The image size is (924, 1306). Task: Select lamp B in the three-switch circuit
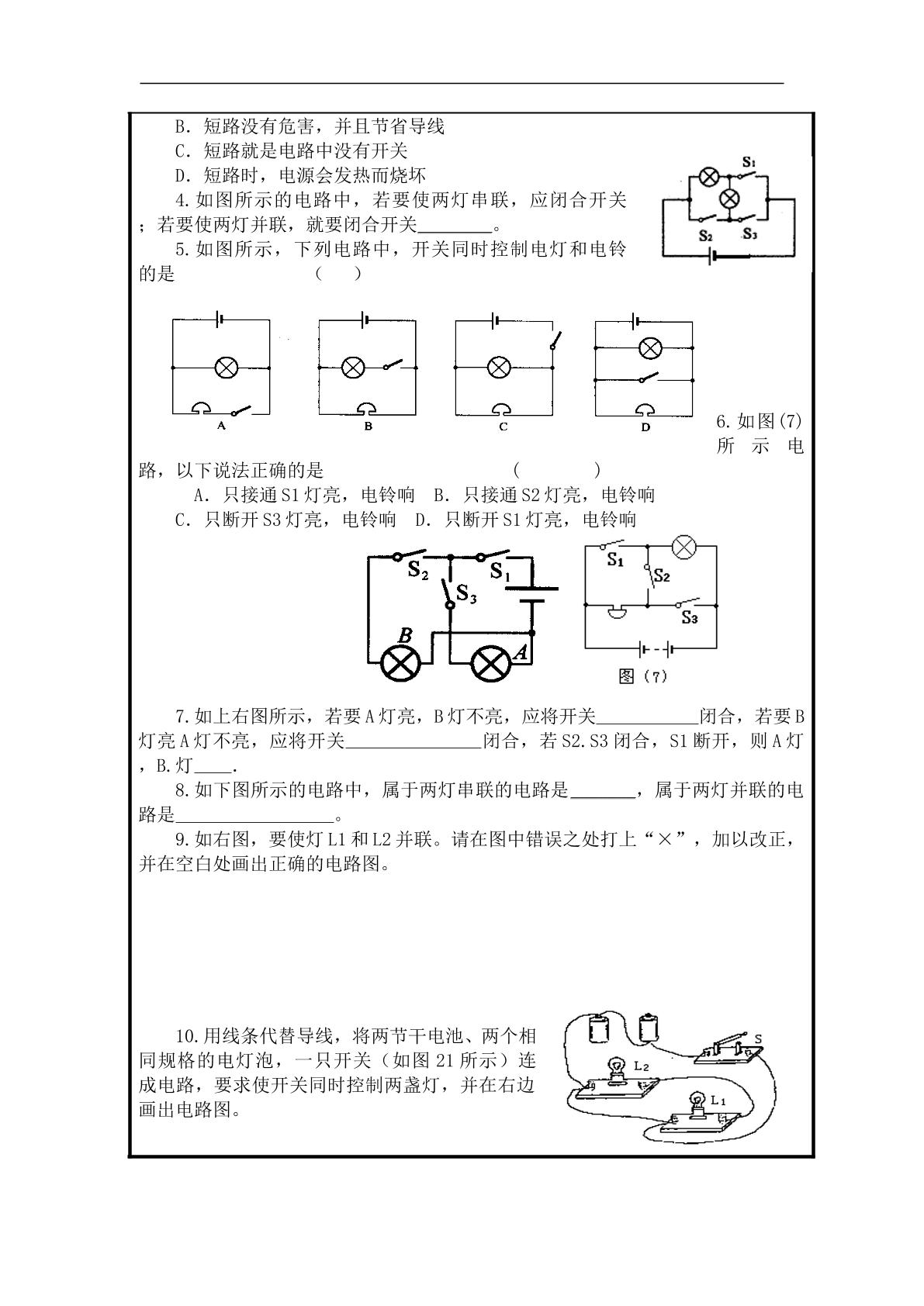pos(400,662)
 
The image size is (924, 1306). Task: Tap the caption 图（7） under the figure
pos(643,676)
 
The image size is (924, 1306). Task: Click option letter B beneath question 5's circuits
pos(368,427)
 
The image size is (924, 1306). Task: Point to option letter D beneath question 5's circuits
pos(645,427)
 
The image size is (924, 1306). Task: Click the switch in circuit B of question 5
pos(393,365)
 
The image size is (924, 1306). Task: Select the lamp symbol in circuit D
pos(650,348)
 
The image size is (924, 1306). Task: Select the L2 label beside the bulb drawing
pos(642,1066)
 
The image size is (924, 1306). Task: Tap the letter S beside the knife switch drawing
pos(758,1038)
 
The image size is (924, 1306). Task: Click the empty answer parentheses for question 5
pos(338,274)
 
